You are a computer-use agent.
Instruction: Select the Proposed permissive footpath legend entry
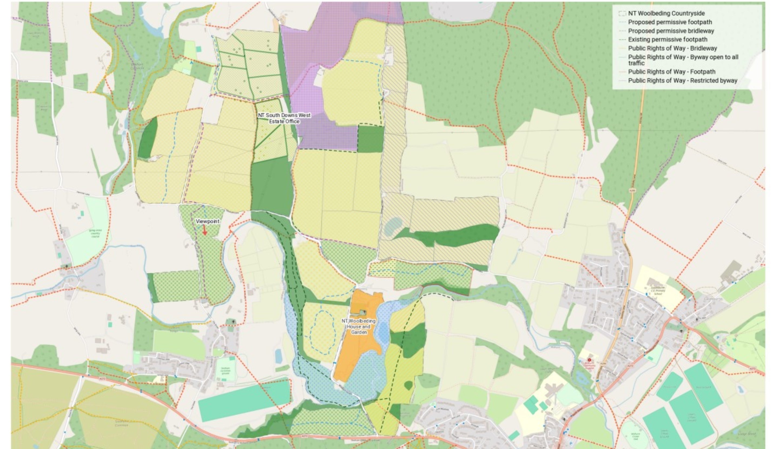tap(670, 22)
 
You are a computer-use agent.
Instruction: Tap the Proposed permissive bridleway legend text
tap(671, 31)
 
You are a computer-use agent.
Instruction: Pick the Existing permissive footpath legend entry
tap(667, 39)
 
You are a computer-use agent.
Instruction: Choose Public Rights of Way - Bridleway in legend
tap(672, 48)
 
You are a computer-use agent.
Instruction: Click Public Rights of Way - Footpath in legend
tap(671, 72)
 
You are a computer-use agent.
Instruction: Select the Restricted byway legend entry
tap(682, 81)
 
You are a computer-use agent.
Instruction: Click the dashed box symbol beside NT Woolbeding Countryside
tap(622, 14)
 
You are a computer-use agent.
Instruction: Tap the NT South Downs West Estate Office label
tap(284, 118)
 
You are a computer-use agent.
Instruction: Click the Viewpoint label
tap(207, 222)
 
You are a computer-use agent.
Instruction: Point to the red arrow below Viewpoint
tap(204, 230)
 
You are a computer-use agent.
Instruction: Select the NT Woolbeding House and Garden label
tap(358, 326)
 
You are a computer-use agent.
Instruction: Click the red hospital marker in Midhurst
tap(589, 360)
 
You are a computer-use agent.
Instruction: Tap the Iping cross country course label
tap(95, 233)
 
